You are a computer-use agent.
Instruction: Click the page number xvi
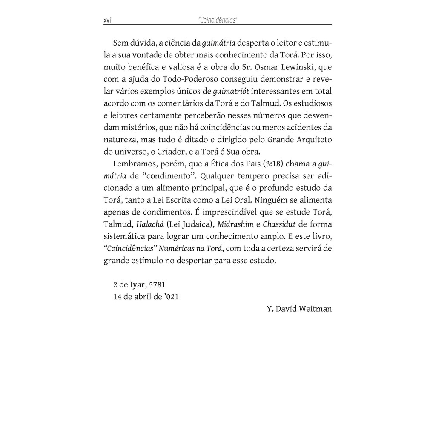[x=107, y=20]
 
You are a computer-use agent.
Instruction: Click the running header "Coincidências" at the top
[x=218, y=20]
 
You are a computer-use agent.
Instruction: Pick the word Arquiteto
[x=312, y=139]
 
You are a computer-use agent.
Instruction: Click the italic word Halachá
[x=150, y=224]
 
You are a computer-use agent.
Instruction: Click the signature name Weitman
[x=315, y=309]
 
